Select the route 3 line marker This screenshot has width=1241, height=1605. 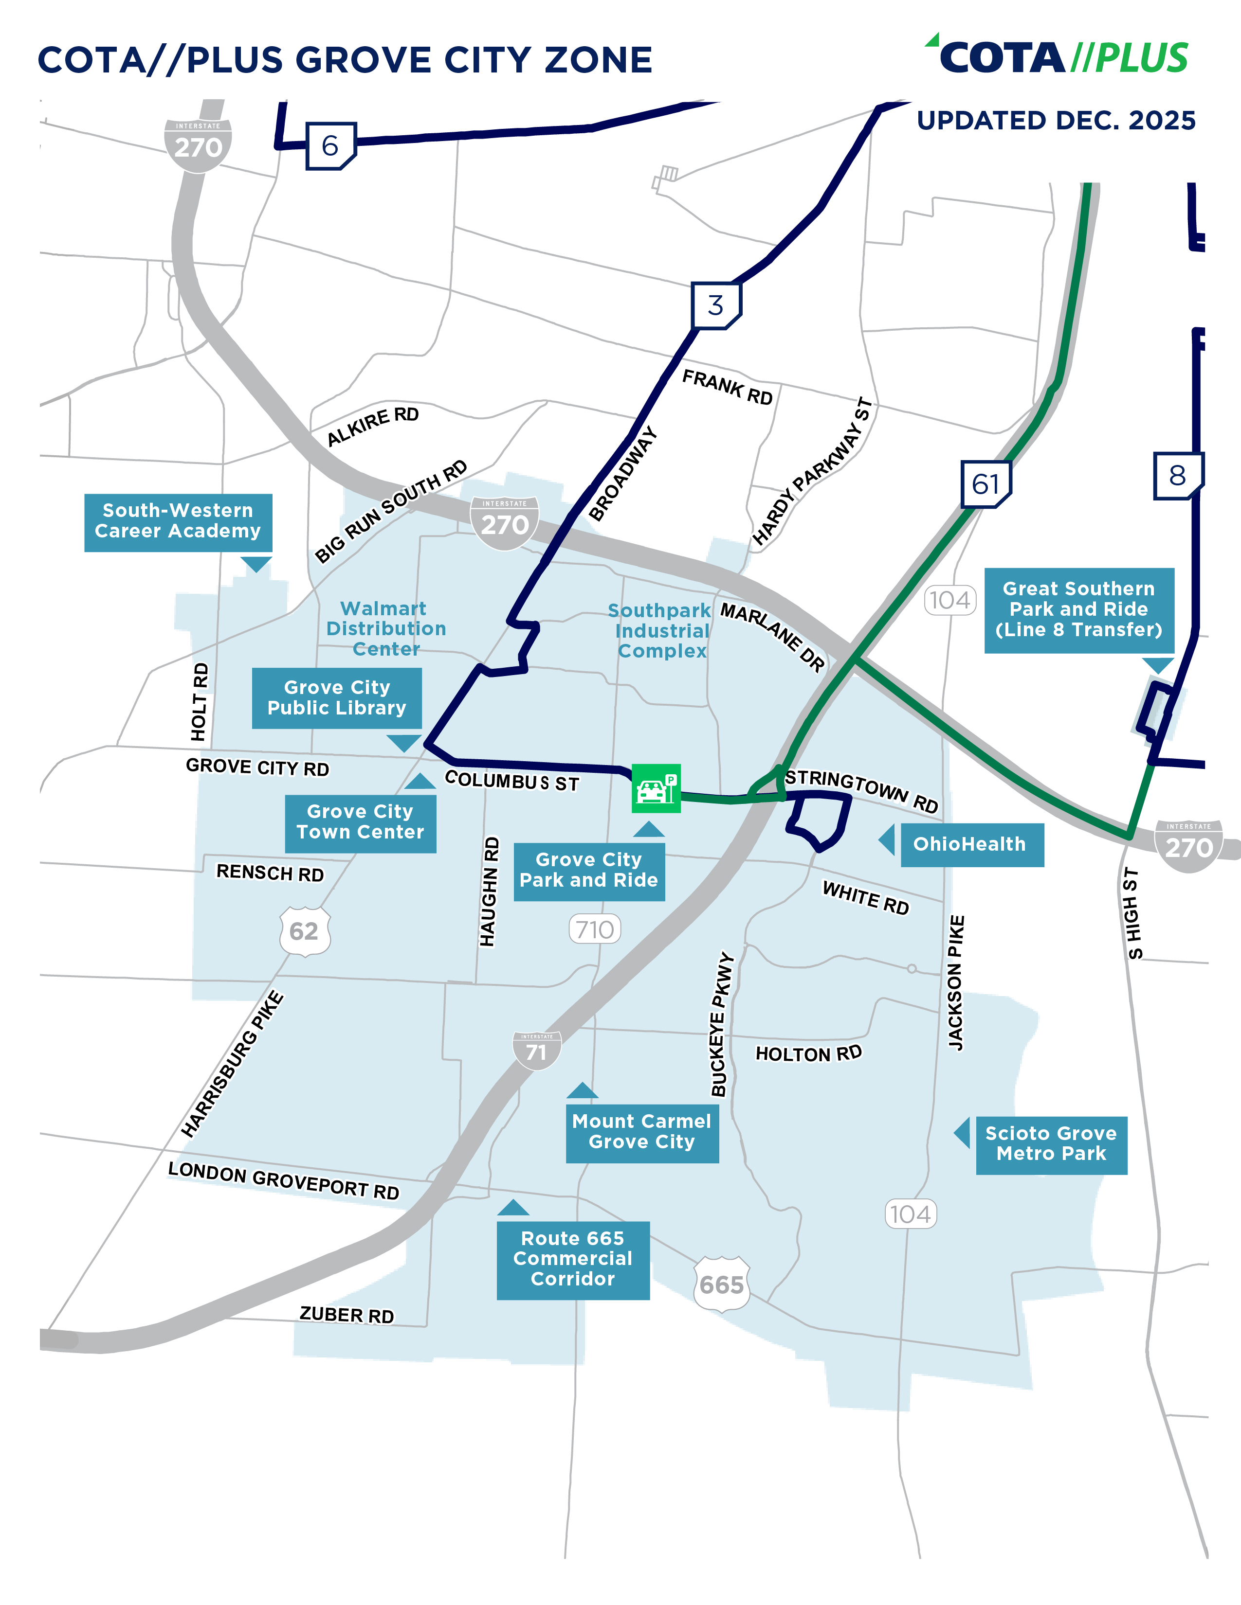[x=716, y=305]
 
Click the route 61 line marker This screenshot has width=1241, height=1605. [x=986, y=483]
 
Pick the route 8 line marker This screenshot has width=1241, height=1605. [x=1177, y=476]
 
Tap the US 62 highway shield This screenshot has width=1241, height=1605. [x=304, y=931]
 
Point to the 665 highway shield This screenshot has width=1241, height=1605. [x=722, y=1284]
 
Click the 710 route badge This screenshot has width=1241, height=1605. [x=595, y=929]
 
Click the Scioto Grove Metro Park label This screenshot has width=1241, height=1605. [x=1051, y=1144]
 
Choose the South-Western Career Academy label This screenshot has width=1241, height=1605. [x=178, y=521]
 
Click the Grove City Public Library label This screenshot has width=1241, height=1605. [x=337, y=697]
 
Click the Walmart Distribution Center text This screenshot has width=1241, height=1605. [x=386, y=628]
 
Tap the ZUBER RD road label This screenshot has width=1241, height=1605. [x=347, y=1315]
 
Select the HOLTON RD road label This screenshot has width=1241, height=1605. [x=808, y=1054]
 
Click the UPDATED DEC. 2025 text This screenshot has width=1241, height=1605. [x=1056, y=121]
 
